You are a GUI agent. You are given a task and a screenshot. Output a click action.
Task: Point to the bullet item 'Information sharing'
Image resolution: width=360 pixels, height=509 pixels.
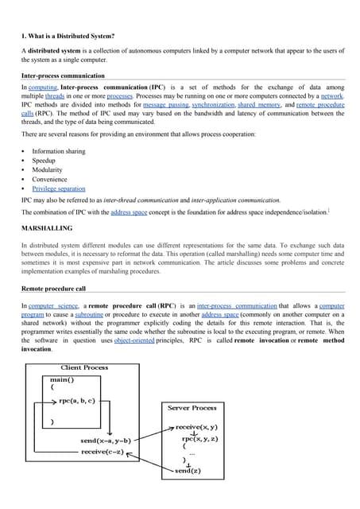point(59,151)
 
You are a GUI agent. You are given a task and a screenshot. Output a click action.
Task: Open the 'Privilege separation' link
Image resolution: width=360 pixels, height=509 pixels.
point(59,189)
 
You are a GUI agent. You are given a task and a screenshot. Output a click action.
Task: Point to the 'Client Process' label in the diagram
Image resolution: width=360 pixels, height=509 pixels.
point(85,367)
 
